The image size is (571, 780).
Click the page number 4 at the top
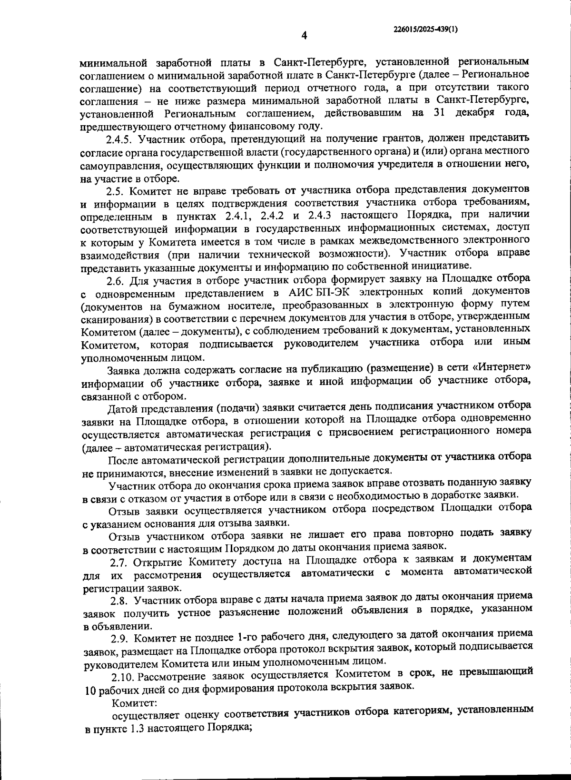point(304,36)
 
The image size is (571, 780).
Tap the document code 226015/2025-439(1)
point(426,29)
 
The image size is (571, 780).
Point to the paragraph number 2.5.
point(115,191)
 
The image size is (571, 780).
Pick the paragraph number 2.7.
point(120,562)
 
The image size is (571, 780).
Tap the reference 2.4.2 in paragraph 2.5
point(274,217)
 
